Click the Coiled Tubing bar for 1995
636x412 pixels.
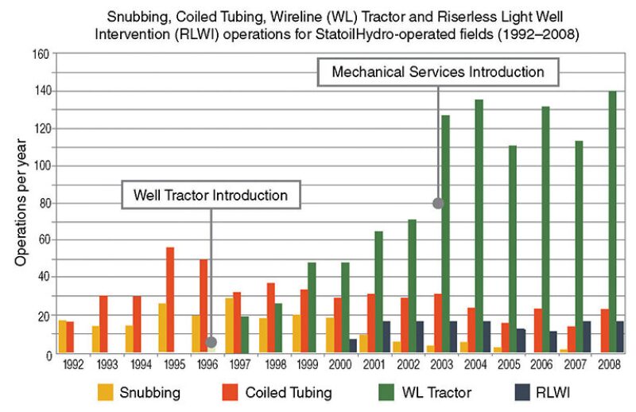(x=170, y=300)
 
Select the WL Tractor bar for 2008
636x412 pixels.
(x=611, y=222)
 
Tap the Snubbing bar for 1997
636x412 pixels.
(x=230, y=325)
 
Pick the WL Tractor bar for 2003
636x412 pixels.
(x=445, y=234)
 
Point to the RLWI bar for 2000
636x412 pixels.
(x=353, y=346)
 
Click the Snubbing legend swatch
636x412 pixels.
(x=106, y=392)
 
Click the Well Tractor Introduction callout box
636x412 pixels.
(x=211, y=195)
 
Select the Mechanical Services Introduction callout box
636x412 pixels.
(x=438, y=72)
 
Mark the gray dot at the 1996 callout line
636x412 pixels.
(x=211, y=342)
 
